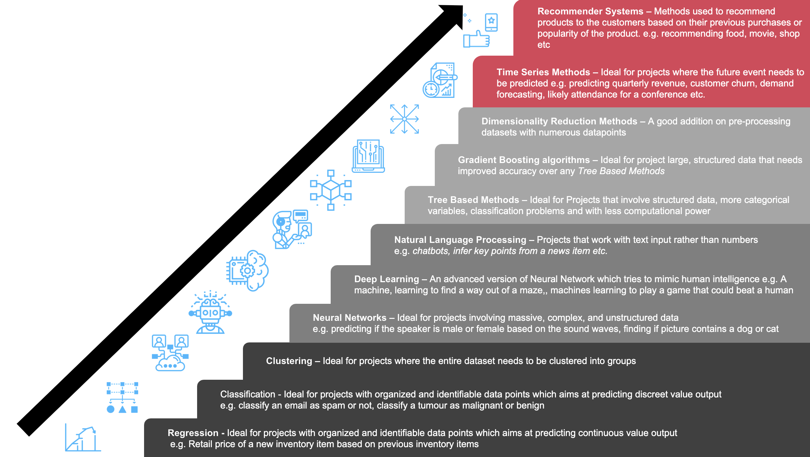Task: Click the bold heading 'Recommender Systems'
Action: (x=590, y=11)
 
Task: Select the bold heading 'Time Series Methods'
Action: (x=543, y=72)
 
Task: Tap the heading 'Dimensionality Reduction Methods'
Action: (x=559, y=121)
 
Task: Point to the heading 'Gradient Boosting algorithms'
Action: (x=524, y=160)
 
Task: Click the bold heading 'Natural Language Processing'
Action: (x=460, y=240)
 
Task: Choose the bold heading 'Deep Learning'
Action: (x=386, y=279)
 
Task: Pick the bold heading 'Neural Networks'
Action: (x=349, y=318)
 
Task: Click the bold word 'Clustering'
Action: (x=289, y=361)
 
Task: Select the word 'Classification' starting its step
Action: (x=248, y=394)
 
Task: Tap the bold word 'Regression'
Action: (x=193, y=433)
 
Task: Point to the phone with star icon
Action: (x=491, y=22)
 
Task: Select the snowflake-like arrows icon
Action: (x=404, y=119)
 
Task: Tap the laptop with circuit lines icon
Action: (x=368, y=156)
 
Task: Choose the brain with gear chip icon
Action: (x=248, y=270)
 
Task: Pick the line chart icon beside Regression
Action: (x=83, y=438)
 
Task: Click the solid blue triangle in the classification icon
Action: (x=122, y=409)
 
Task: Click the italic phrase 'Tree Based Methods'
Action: (x=621, y=171)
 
